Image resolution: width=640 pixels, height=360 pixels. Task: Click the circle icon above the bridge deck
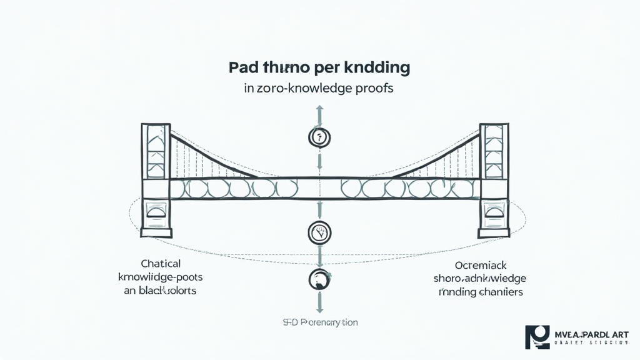[319, 137]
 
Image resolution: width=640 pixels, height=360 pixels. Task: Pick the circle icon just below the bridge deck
[319, 233]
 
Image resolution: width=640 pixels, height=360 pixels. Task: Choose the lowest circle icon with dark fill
[319, 279]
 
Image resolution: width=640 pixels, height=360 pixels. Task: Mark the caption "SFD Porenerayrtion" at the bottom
[319, 322]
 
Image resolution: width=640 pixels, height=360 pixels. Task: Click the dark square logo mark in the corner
[536, 337]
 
